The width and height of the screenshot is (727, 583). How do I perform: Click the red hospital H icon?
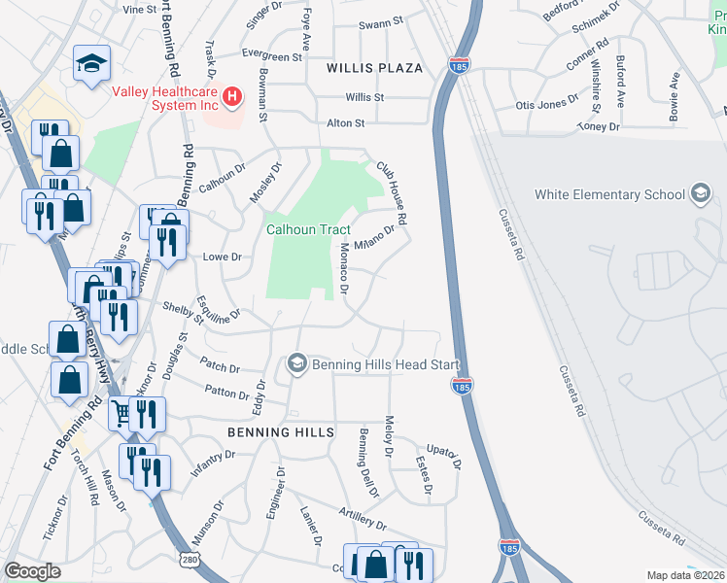click(x=232, y=95)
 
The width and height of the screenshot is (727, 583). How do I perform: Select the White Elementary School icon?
click(x=699, y=194)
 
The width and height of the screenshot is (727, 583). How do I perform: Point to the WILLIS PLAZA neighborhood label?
click(x=375, y=68)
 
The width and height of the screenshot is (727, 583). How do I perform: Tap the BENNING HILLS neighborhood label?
click(x=281, y=431)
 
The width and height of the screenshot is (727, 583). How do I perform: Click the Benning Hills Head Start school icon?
click(x=296, y=363)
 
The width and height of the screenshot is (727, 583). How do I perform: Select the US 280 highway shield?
click(x=190, y=558)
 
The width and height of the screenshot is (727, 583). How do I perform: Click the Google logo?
click(x=32, y=571)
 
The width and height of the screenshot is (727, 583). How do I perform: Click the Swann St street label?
click(x=380, y=22)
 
